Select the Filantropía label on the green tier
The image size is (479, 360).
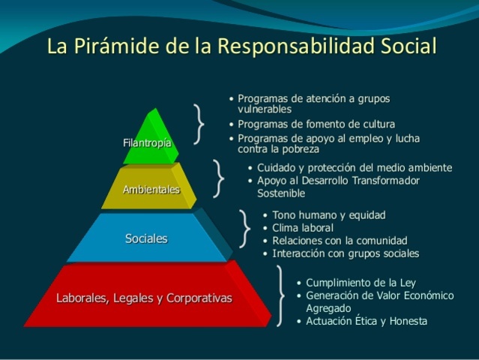click(x=147, y=142)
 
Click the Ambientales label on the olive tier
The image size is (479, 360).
click(x=151, y=189)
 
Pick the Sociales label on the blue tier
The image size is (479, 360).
click(x=146, y=238)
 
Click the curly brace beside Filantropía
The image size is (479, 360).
click(x=199, y=124)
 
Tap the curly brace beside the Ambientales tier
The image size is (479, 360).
click(x=218, y=178)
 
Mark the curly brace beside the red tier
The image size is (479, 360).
click(x=281, y=296)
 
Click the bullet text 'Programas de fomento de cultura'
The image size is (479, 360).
click(x=316, y=124)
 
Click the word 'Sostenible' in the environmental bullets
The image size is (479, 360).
click(x=282, y=193)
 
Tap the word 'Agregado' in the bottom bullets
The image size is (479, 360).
click(x=328, y=307)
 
